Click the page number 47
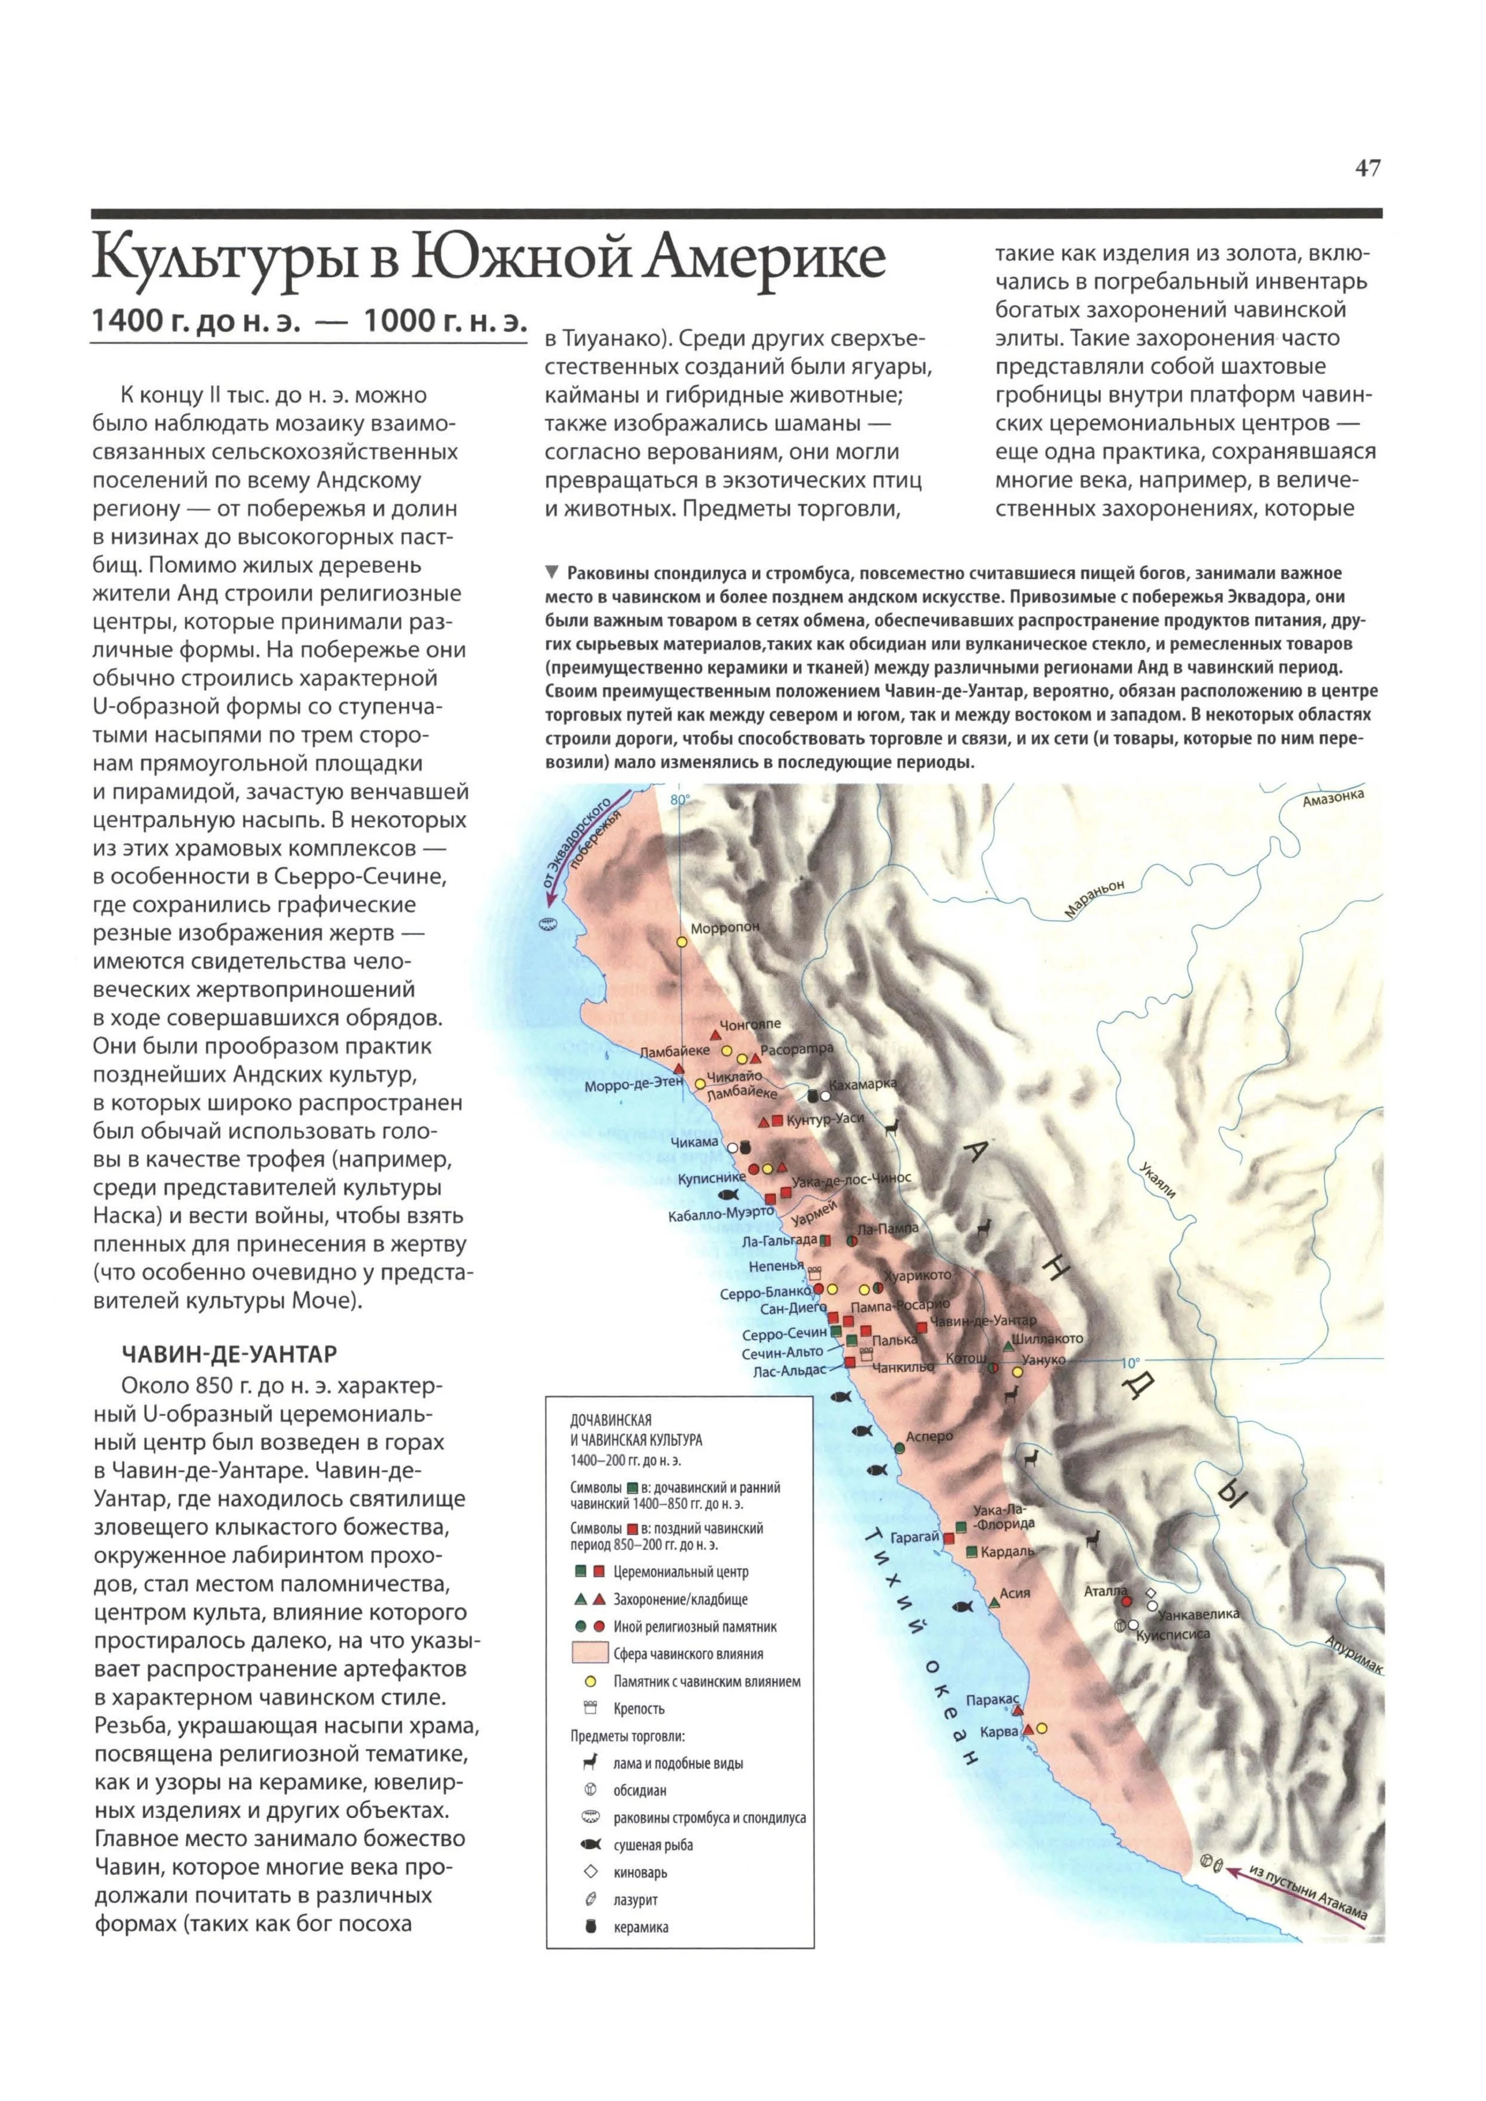click(1367, 169)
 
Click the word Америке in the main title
click(762, 259)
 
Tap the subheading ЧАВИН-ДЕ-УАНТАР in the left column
click(229, 1354)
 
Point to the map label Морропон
click(725, 928)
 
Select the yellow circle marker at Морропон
click(682, 941)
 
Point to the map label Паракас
click(992, 1699)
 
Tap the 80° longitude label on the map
click(680, 800)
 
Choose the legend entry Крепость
click(639, 1708)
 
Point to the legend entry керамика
click(640, 1927)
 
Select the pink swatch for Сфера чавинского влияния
click(590, 1653)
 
